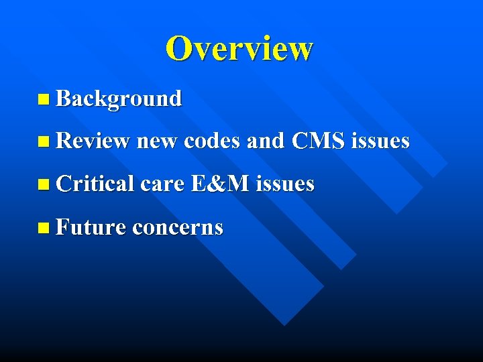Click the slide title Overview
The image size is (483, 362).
pyautogui.click(x=239, y=48)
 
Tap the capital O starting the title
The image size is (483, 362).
pyautogui.click(x=179, y=48)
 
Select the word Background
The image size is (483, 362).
pyautogui.click(x=119, y=99)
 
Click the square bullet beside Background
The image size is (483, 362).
pyautogui.click(x=44, y=100)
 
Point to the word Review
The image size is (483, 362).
pyautogui.click(x=93, y=141)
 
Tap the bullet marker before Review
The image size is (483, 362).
pyautogui.click(x=44, y=142)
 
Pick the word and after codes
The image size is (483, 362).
pyautogui.click(x=266, y=141)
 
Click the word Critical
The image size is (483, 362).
pyautogui.click(x=96, y=184)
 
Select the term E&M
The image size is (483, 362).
pyautogui.click(x=220, y=184)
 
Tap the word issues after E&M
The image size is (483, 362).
pyautogui.click(x=285, y=184)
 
